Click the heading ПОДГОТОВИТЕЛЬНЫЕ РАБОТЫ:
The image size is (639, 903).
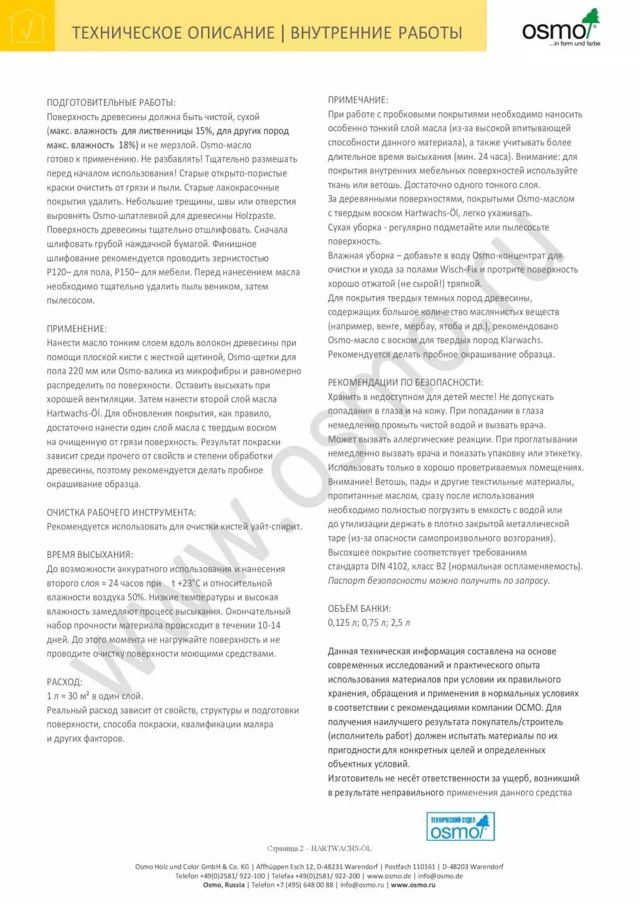click(111, 103)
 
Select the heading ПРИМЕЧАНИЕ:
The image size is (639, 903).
click(358, 100)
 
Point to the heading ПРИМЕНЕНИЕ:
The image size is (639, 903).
click(77, 328)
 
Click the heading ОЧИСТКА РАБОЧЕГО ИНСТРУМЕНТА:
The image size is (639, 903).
click(121, 512)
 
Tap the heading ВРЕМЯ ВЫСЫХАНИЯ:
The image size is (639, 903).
click(90, 555)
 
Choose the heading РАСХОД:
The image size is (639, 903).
click(64, 682)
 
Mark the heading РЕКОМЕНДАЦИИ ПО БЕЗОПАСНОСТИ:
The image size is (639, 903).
click(405, 382)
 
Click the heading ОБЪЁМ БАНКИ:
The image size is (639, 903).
click(359, 609)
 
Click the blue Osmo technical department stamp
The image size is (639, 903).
click(460, 827)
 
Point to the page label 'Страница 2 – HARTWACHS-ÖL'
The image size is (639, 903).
click(319, 848)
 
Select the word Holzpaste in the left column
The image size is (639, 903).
click(255, 216)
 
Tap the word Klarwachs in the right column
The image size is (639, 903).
click(521, 340)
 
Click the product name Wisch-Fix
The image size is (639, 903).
click(460, 270)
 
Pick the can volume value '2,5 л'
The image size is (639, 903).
click(400, 623)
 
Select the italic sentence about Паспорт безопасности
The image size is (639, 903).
click(439, 580)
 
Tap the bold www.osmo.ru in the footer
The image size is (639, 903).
click(413, 885)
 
